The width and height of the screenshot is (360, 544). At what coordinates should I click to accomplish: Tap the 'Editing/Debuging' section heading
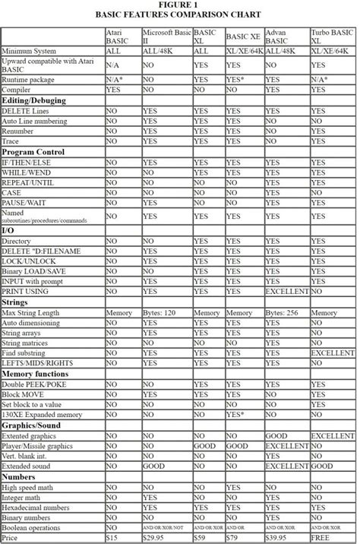tap(34, 100)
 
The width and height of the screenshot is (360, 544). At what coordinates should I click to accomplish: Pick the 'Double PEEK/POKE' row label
tap(34, 384)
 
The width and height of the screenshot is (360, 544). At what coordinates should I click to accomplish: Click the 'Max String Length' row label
tap(34, 312)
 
